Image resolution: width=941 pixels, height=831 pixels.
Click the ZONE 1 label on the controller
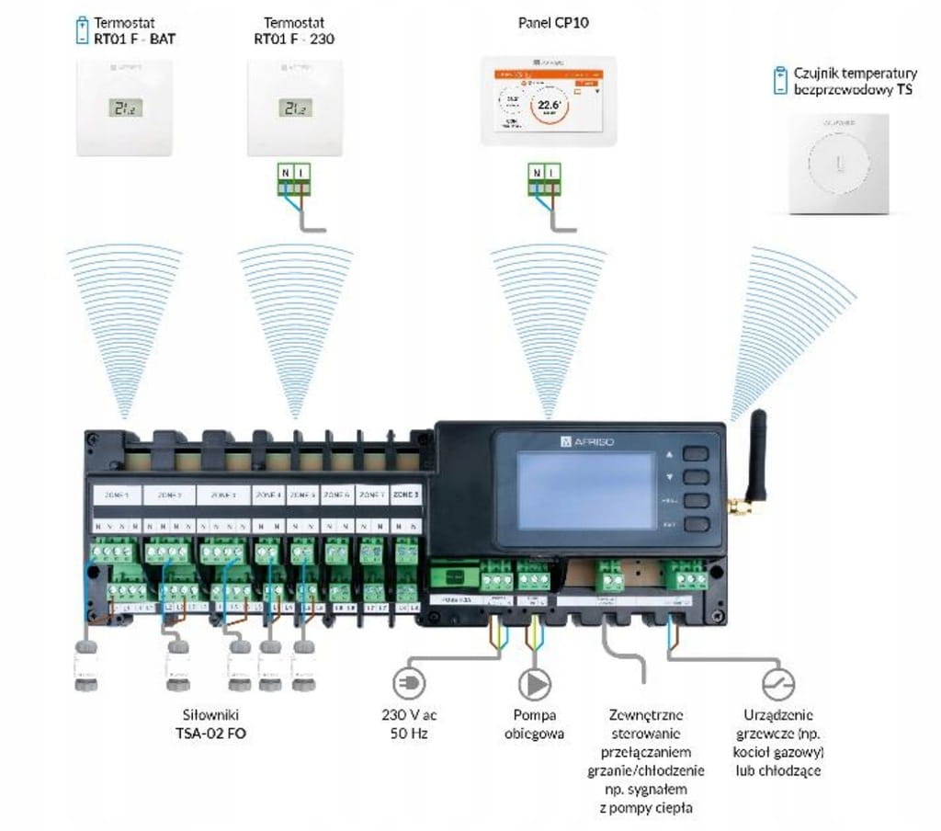116,495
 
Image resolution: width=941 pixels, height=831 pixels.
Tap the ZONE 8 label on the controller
406,495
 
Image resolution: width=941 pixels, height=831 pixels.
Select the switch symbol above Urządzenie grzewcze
777,684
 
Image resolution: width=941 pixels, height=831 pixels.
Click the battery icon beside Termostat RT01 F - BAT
82,28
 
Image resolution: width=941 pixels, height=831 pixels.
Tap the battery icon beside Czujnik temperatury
779,79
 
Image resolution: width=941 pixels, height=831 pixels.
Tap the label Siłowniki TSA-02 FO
210,724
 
